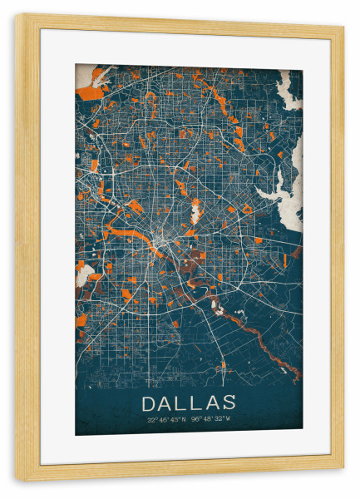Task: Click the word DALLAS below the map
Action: tap(189, 403)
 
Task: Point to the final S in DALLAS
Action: tap(229, 403)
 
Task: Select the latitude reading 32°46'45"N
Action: tap(166, 419)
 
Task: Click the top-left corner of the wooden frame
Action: tap(19, 18)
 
